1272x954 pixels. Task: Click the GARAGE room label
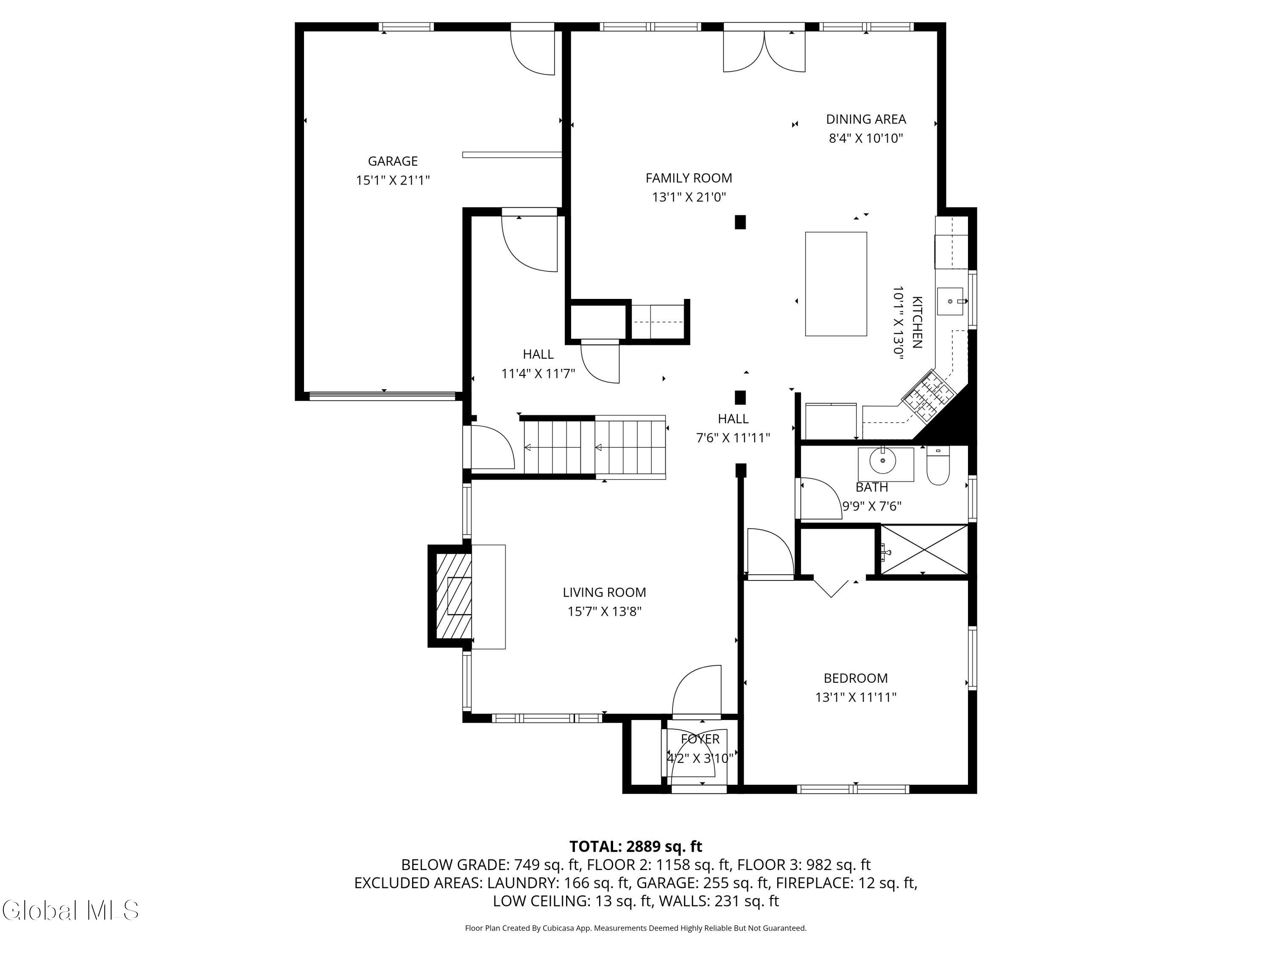393,161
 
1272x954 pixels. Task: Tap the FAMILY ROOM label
688,178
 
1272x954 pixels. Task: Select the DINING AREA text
866,119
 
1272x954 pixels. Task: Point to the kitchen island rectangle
836,284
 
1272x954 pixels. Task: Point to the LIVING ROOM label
604,592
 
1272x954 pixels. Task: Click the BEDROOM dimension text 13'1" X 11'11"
856,697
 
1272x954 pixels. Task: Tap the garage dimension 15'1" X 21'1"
393,180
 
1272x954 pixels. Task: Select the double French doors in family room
764,51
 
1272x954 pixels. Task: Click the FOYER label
700,739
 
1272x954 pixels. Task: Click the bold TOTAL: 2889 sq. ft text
636,846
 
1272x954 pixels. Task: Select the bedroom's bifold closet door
831,588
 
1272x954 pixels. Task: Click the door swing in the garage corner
533,52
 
